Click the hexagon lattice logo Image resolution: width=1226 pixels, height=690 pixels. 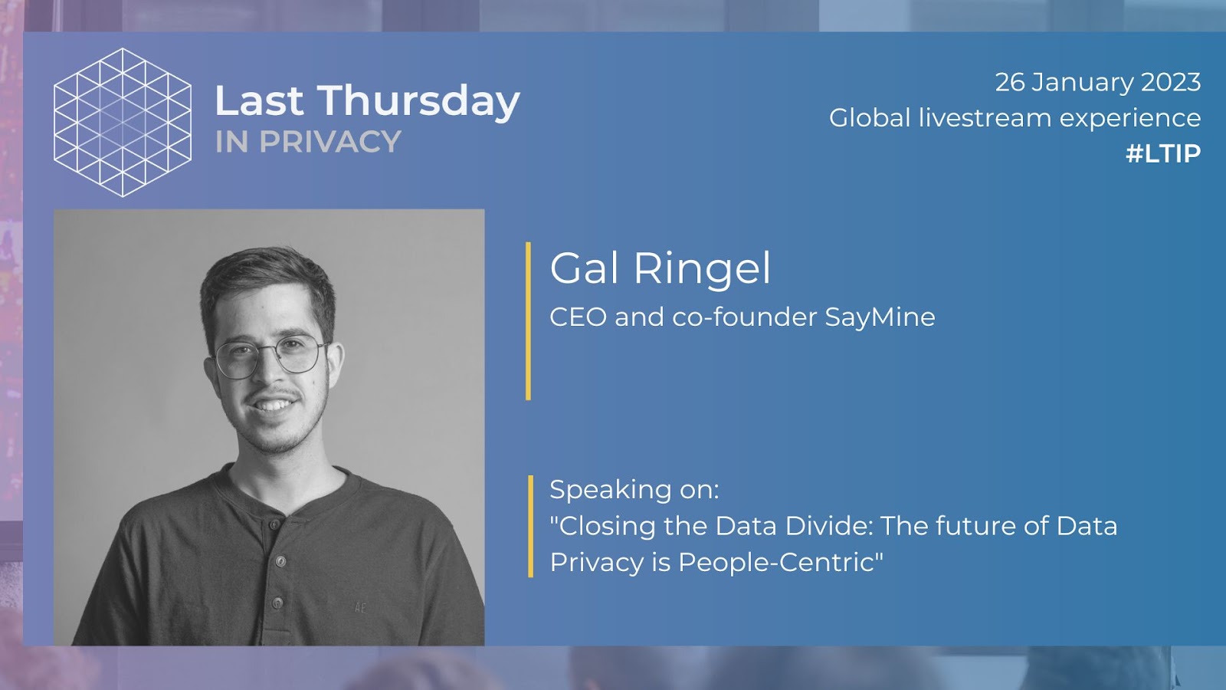tap(123, 122)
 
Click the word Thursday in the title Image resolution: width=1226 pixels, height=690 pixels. tap(418, 101)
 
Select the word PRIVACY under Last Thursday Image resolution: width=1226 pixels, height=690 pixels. tap(330, 141)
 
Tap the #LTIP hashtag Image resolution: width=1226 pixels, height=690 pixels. tap(1163, 153)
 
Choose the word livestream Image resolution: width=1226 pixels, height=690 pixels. tap(985, 118)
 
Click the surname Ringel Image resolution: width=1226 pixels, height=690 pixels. tap(702, 269)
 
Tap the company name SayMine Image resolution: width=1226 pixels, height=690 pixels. tap(880, 317)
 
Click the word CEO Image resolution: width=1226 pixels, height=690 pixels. tap(578, 317)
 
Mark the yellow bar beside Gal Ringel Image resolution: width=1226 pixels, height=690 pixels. tap(528, 321)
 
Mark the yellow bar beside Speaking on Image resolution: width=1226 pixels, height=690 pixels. tap(530, 526)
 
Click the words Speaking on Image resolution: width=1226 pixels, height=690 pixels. tap(634, 490)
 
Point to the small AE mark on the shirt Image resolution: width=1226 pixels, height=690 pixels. tap(359, 607)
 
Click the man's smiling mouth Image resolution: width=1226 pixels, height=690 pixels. tap(273, 405)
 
